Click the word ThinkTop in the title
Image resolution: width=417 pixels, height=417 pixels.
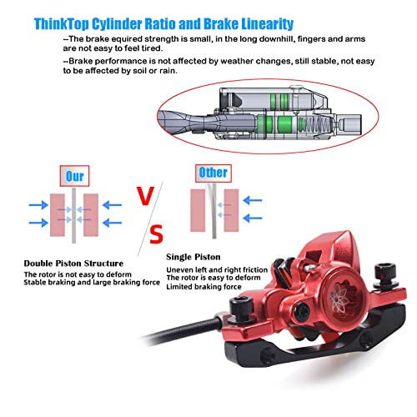point(62,24)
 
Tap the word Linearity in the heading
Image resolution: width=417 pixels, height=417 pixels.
point(267,24)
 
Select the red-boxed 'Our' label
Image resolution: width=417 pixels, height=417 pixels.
point(74,176)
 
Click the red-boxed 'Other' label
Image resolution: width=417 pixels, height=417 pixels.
point(214,173)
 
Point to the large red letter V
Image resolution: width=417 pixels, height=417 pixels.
point(145,196)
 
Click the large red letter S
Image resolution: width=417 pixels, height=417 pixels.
point(156,234)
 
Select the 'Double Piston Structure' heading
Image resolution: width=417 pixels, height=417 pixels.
point(73,264)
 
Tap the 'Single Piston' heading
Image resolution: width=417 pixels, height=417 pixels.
point(193,257)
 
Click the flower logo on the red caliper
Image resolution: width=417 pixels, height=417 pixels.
point(339,298)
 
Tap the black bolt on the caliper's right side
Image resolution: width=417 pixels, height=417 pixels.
point(384,274)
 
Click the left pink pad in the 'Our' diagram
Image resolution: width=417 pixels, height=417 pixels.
point(58,215)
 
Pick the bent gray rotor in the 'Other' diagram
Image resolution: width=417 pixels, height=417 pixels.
point(213,211)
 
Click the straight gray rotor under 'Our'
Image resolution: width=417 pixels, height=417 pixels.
point(74,216)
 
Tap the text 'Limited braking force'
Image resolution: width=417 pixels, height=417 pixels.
point(203,287)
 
